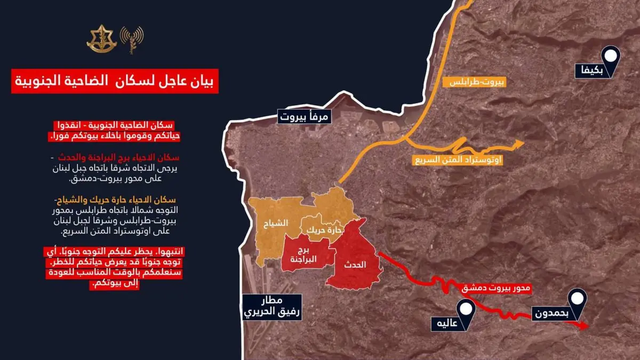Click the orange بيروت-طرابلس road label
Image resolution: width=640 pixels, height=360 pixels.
(x=475, y=82)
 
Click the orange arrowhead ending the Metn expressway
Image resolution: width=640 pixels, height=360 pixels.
(x=520, y=142)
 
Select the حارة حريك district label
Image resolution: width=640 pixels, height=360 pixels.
(x=318, y=230)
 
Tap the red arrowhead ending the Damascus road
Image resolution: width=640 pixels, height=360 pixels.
(x=586, y=326)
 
